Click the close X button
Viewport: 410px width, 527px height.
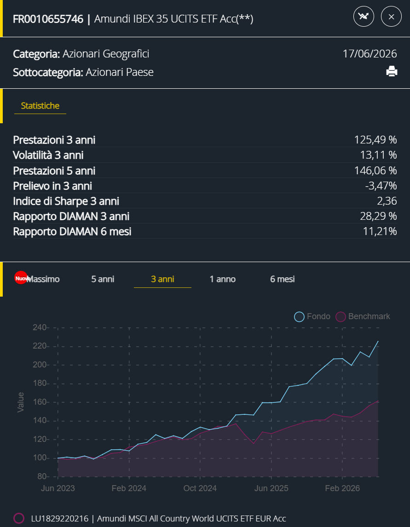click(x=391, y=17)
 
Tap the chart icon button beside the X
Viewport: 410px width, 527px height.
click(x=364, y=17)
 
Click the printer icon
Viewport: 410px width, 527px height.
click(x=392, y=72)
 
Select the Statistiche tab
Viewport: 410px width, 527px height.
click(x=40, y=105)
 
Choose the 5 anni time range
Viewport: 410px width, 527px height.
click(x=103, y=279)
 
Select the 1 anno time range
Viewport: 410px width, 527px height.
click(x=222, y=279)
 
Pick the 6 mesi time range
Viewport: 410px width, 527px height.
click(x=282, y=279)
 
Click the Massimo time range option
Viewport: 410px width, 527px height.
click(x=43, y=279)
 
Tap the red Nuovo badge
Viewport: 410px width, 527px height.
click(x=21, y=278)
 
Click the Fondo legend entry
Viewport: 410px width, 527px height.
click(x=312, y=316)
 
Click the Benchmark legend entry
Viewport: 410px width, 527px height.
click(x=363, y=316)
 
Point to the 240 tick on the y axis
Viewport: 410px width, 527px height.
click(x=40, y=327)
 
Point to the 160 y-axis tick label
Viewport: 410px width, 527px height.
click(x=40, y=402)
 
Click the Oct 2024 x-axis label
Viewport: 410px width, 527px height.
click(x=200, y=488)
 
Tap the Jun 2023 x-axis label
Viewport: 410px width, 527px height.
click(x=58, y=488)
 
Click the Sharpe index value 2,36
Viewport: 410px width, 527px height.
click(x=387, y=201)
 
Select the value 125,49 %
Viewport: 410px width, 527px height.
click(x=375, y=140)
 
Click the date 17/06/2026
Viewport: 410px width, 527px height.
click(x=370, y=54)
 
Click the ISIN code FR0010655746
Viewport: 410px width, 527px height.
click(x=48, y=19)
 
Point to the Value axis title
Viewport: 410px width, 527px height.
click(x=21, y=402)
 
